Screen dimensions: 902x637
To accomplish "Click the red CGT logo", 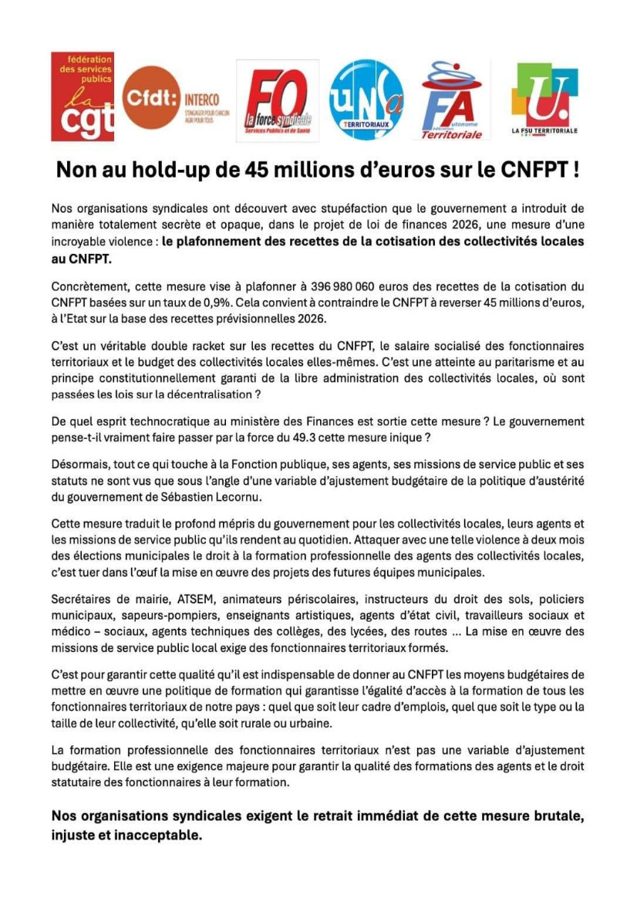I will pos(83,96).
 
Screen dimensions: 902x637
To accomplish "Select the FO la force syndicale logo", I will pos(277,100).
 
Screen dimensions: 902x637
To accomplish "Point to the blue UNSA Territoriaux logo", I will pos(366,100).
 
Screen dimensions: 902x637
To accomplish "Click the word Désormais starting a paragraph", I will pos(82,465).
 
